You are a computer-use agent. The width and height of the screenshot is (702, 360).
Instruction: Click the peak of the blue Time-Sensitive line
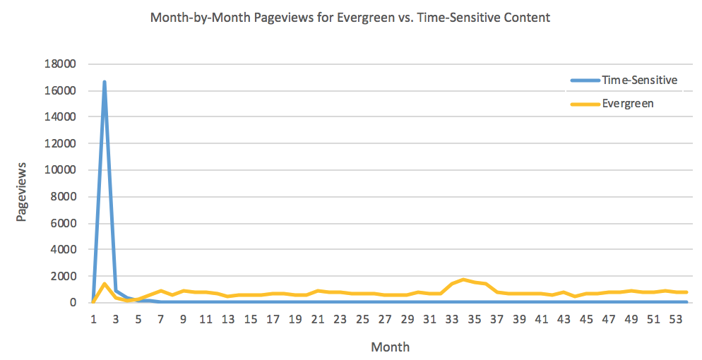[105, 82]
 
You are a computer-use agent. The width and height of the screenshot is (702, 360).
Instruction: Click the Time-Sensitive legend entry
[639, 80]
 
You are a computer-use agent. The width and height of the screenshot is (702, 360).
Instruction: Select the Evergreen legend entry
[628, 103]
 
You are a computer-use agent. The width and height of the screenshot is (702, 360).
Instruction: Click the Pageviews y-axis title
[21, 191]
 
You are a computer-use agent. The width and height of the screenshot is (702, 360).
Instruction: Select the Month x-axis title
[390, 347]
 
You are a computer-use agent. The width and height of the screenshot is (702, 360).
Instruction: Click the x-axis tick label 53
[676, 318]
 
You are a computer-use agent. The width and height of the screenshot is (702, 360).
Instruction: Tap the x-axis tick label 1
[93, 318]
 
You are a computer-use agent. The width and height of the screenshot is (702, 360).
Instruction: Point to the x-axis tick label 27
[384, 318]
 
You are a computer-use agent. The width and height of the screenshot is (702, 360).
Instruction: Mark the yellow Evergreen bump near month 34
[463, 280]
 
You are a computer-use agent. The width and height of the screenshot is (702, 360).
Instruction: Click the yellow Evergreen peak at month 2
[105, 284]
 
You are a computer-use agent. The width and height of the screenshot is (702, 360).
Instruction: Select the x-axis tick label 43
[564, 318]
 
